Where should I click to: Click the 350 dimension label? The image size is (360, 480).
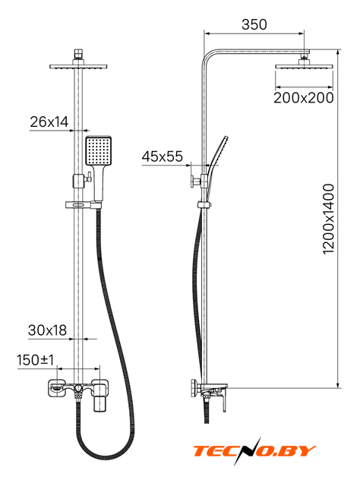coord(254,24)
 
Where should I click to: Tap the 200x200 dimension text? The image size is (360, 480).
coord(303,98)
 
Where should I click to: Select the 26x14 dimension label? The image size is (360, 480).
coord(49,122)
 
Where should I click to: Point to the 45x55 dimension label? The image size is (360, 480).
coord(162,156)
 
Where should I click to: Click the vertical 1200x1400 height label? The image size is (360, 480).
coord(328,219)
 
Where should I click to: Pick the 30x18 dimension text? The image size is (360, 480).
coord(47,330)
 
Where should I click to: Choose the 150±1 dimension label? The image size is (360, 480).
coord(35,360)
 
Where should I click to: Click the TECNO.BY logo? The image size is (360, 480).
coord(254,451)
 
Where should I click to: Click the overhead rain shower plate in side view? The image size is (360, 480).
coord(304,66)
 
